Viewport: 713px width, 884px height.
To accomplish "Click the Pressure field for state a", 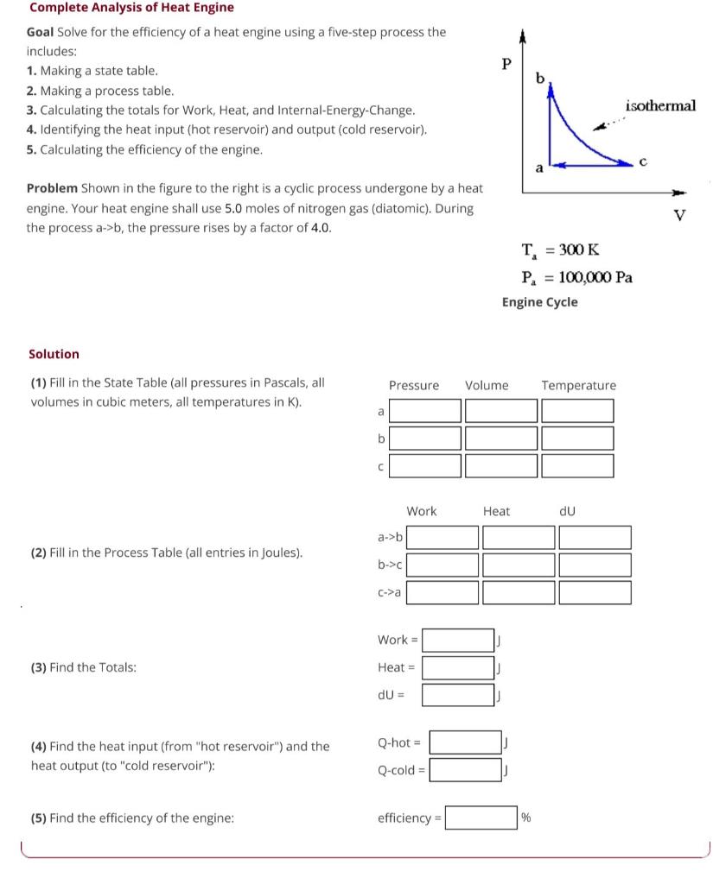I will [x=425, y=411].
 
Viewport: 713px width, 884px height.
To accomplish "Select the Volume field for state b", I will [x=500, y=439].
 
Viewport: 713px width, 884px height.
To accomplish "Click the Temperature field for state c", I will [x=577, y=466].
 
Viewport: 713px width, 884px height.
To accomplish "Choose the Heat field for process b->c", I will [x=518, y=565].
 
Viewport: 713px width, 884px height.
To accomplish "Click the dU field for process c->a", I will [x=594, y=592].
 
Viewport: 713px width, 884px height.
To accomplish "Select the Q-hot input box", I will [x=465, y=742].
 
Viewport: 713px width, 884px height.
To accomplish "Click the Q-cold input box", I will [x=465, y=769].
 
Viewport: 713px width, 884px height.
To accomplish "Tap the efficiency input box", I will [x=481, y=818].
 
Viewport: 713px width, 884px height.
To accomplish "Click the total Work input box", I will [x=458, y=640].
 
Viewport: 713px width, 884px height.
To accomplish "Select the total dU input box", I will [x=458, y=694].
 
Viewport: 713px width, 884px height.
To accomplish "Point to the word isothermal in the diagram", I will [x=660, y=105].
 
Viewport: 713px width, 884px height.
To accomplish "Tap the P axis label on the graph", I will [x=507, y=64].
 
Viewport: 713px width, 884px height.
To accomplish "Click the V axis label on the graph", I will [x=678, y=215].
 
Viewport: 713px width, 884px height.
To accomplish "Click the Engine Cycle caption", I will [x=540, y=302].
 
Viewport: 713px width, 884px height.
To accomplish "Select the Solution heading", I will [x=54, y=354].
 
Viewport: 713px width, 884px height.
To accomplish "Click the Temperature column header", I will [x=578, y=385].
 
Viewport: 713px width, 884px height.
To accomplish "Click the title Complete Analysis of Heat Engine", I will [x=131, y=8].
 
